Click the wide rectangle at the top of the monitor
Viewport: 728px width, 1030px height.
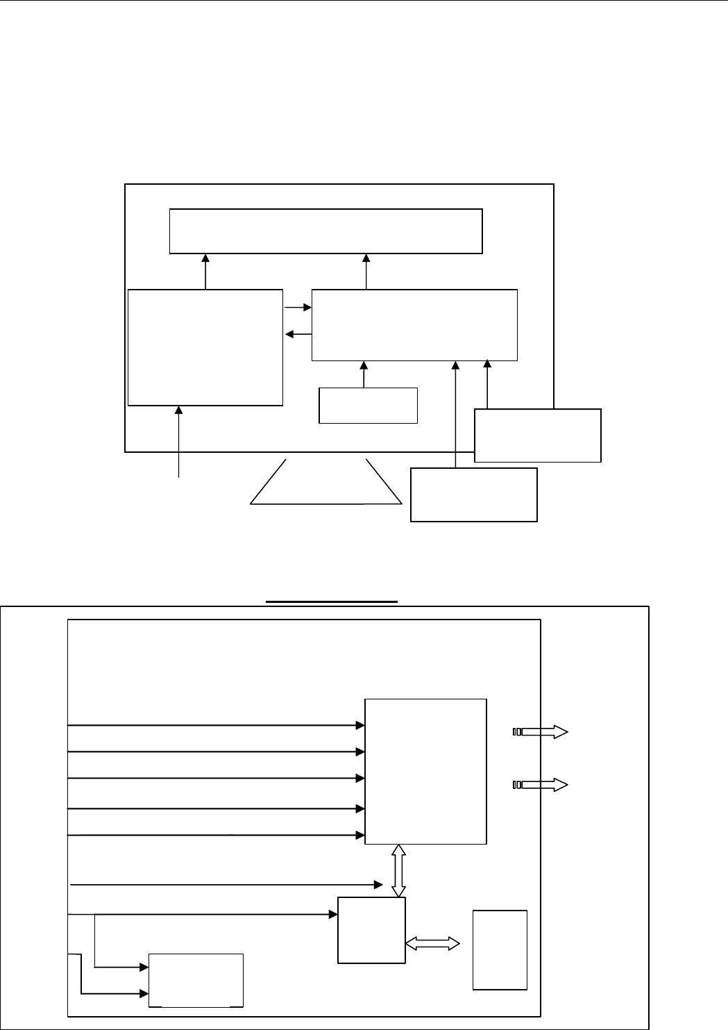click(326, 231)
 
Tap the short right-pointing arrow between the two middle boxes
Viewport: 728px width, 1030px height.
click(298, 306)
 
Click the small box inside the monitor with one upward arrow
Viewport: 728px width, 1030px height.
click(368, 405)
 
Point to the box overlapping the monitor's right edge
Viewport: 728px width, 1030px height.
click(537, 435)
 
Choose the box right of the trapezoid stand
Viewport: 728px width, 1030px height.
click(473, 495)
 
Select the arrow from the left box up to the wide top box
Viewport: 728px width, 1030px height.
click(205, 272)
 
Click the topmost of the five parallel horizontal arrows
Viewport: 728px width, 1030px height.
click(216, 725)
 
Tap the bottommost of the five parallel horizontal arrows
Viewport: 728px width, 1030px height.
click(216, 834)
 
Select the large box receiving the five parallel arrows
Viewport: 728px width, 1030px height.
click(425, 771)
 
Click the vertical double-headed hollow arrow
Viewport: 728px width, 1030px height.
click(398, 871)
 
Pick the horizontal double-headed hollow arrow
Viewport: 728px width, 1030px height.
click(432, 942)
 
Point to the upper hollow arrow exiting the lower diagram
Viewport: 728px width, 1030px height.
click(541, 731)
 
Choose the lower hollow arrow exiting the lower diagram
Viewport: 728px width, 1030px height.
click(541, 785)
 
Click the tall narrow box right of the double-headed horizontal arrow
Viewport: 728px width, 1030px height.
click(499, 949)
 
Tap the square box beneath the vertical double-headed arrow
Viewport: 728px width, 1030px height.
click(371, 930)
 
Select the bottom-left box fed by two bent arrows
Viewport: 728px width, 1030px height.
click(196, 979)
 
